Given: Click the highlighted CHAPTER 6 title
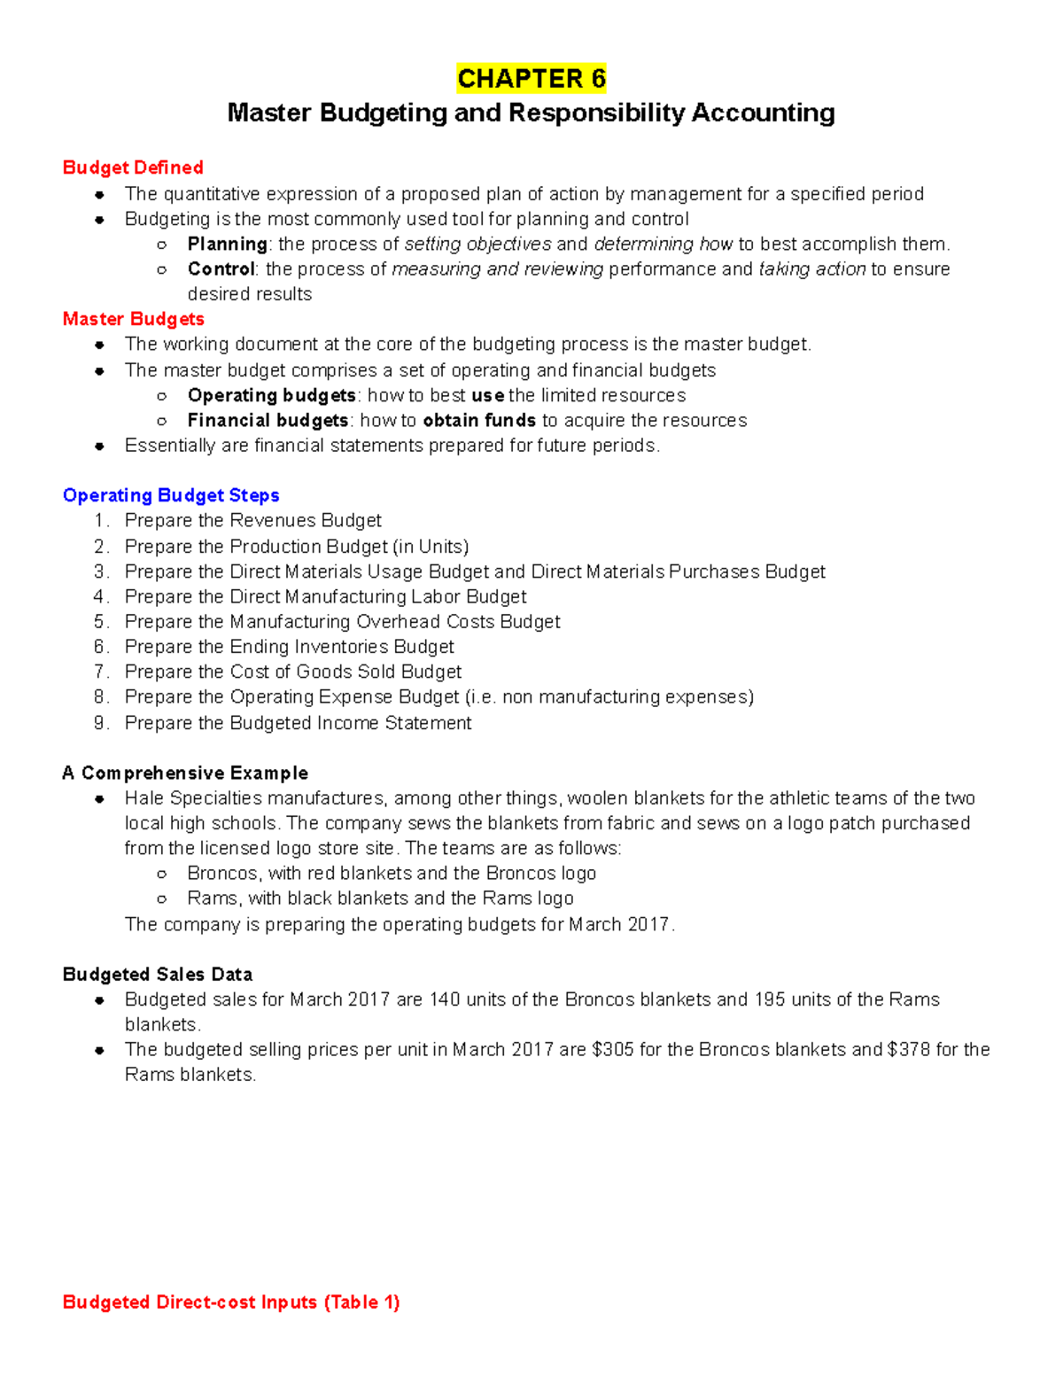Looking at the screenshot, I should [531, 79].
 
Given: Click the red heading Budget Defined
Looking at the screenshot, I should [133, 167].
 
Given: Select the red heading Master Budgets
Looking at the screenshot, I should [133, 319].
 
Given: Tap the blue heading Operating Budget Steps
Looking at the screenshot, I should [171, 495].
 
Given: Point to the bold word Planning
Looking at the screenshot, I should [227, 244].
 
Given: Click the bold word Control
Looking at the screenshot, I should [221, 268].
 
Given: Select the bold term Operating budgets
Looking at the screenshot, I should [271, 395].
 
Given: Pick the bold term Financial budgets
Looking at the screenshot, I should [268, 420].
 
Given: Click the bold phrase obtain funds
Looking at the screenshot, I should [479, 420].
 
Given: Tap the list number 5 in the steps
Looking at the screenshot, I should [100, 622].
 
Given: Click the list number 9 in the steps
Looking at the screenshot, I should [100, 723].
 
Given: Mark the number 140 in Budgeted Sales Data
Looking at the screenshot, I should [445, 999].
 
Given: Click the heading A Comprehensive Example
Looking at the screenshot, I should [185, 773].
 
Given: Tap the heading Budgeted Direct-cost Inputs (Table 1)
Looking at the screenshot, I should [231, 1302].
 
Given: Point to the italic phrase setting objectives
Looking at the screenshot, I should [477, 244].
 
